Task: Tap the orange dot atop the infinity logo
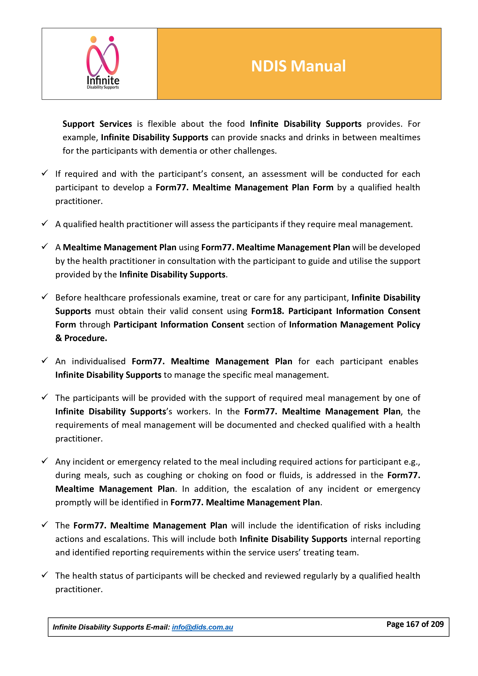pyautogui.click(x=94, y=39)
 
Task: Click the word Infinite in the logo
pyautogui.click(x=103, y=80)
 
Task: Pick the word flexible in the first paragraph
pyautogui.click(x=162, y=124)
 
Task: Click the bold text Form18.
pyautogui.click(x=268, y=311)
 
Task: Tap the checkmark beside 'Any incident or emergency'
pyautogui.click(x=45, y=461)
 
